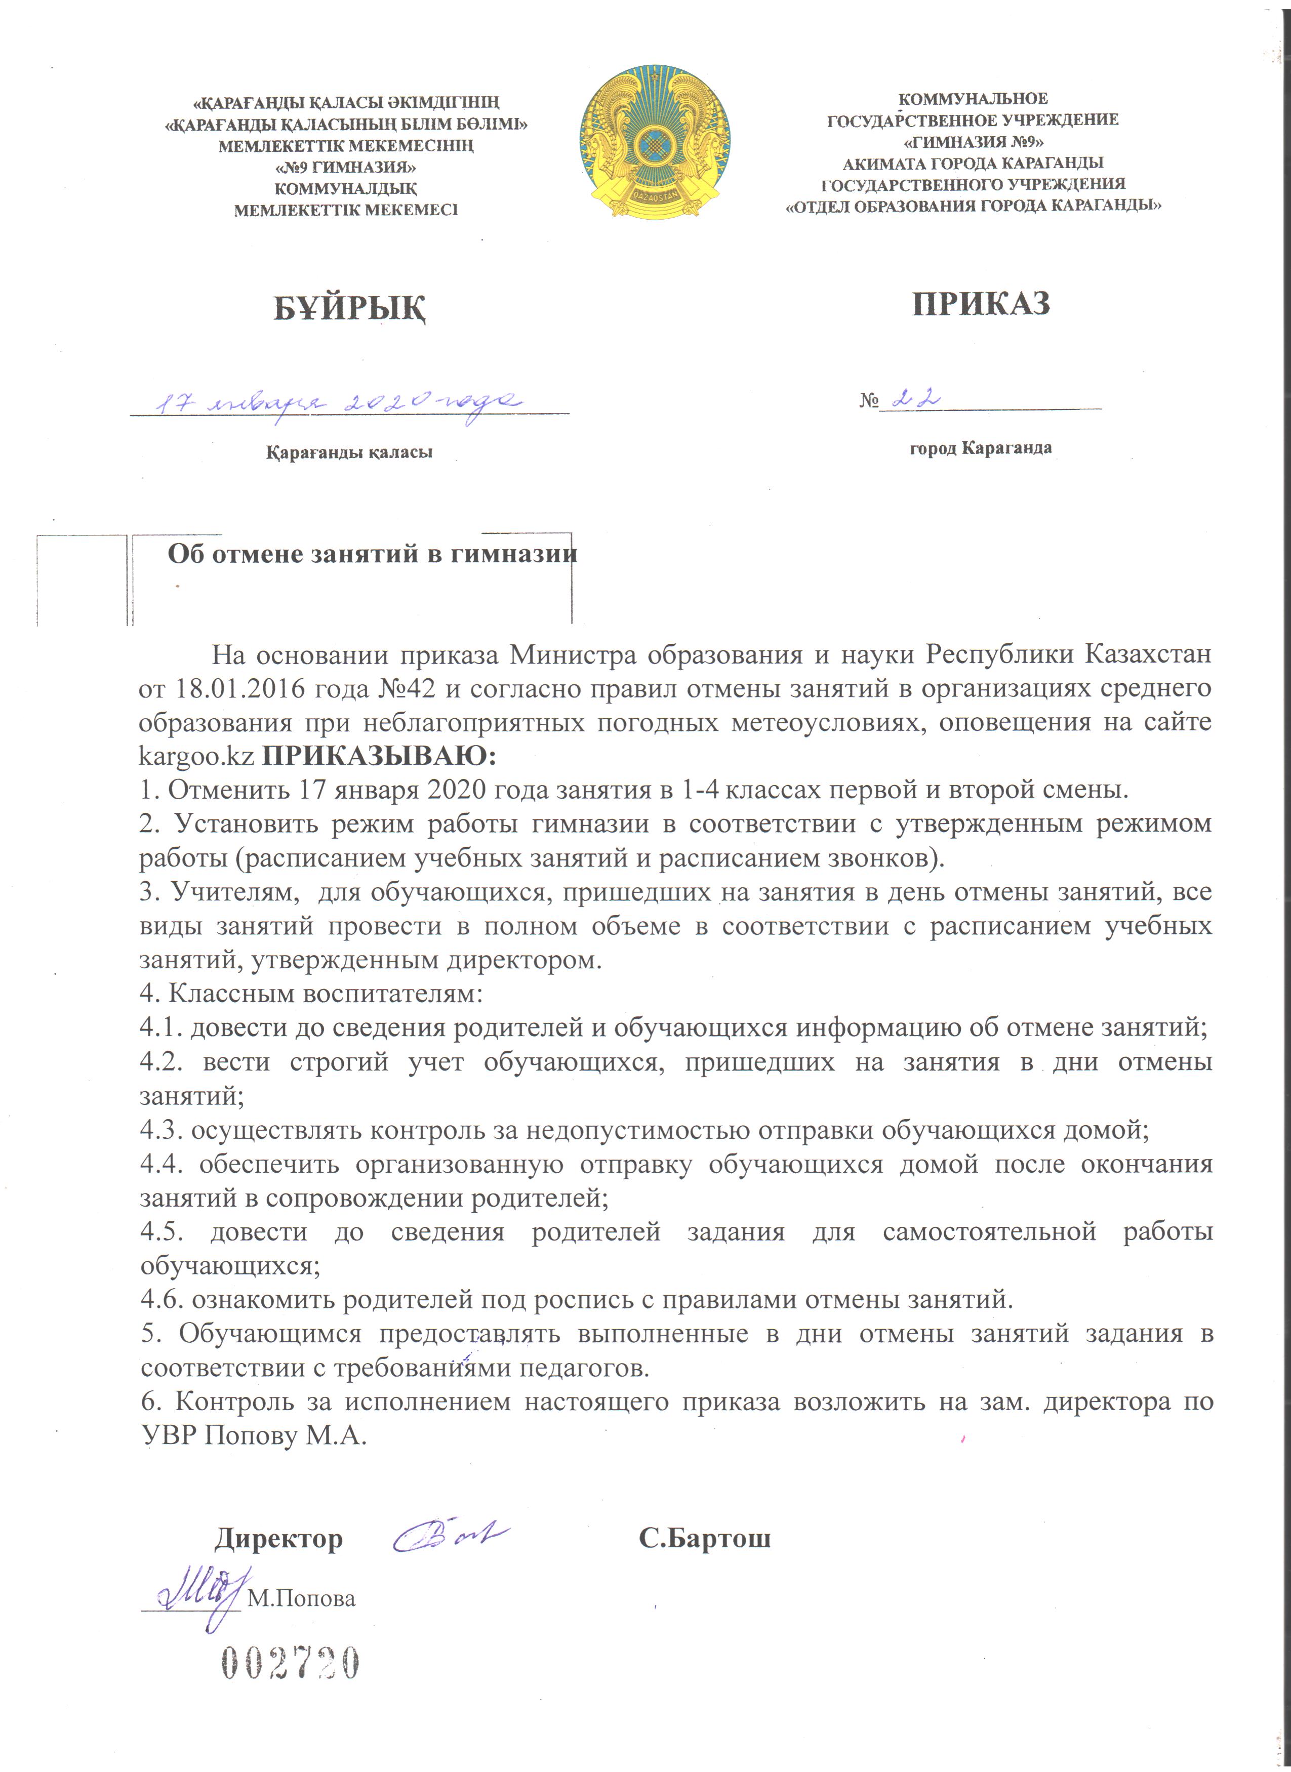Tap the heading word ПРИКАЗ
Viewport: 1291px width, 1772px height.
point(981,303)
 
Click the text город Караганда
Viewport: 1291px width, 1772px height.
point(980,448)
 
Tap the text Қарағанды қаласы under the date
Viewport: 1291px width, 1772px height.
point(349,451)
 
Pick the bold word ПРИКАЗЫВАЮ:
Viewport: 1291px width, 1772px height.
point(379,756)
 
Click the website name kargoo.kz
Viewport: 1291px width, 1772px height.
point(196,756)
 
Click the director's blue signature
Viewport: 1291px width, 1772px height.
point(450,1535)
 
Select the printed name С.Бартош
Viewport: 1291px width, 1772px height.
point(704,1538)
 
